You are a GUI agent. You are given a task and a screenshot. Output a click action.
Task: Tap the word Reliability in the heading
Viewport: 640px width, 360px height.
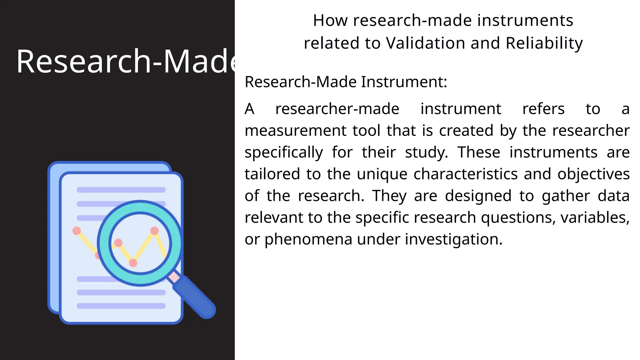click(544, 43)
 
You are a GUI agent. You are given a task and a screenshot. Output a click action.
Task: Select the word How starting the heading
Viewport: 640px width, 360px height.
click(330, 21)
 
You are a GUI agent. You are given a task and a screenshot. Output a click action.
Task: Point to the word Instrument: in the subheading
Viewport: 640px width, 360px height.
click(404, 82)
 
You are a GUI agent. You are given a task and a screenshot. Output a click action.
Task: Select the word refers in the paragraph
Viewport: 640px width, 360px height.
click(543, 109)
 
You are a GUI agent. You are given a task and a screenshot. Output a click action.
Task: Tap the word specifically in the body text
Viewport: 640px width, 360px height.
click(284, 152)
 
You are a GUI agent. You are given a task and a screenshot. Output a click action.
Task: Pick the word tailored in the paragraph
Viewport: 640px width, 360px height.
click(272, 174)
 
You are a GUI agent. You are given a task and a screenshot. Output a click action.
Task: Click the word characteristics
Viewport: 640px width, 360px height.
click(466, 174)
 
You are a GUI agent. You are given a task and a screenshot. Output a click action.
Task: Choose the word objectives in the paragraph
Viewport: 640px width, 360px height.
click(593, 174)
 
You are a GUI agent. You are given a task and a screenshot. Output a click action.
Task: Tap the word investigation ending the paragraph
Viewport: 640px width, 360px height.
click(453, 239)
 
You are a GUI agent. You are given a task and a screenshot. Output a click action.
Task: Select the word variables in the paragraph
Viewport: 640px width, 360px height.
click(595, 217)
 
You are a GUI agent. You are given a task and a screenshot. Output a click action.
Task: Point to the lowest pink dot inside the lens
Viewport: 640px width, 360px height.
click(133, 263)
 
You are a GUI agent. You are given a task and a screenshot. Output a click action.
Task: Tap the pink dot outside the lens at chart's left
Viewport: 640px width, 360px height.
click(77, 231)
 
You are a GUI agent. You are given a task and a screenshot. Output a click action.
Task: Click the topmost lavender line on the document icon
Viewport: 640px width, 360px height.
click(121, 190)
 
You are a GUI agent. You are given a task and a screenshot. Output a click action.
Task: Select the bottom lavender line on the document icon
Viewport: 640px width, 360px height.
click(121, 306)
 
